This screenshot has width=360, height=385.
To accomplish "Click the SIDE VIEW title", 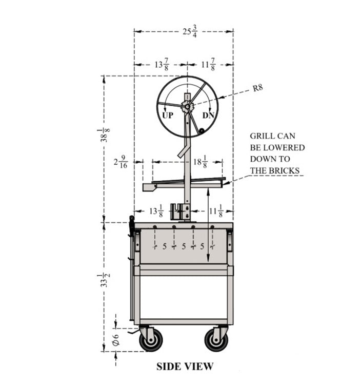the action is click(x=185, y=367).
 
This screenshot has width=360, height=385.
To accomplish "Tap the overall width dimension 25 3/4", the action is click(x=190, y=31).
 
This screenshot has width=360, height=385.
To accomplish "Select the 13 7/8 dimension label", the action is click(x=162, y=65).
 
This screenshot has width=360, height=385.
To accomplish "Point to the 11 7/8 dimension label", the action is click(x=209, y=65).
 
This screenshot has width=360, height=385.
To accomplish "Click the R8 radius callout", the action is click(x=258, y=88).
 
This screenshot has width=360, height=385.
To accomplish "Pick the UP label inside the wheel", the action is click(x=168, y=115).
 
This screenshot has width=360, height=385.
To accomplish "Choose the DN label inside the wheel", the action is click(x=208, y=115).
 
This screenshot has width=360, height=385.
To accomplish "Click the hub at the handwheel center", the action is click(x=187, y=107).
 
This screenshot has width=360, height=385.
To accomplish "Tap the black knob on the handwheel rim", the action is click(x=202, y=131).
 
